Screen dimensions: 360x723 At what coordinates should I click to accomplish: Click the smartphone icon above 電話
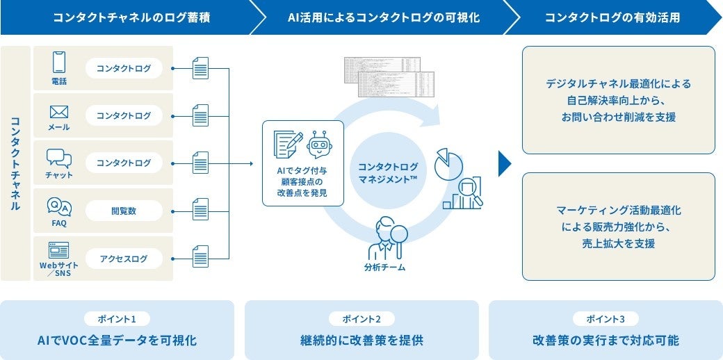[x=59, y=63]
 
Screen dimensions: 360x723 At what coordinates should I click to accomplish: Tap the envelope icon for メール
[x=59, y=112]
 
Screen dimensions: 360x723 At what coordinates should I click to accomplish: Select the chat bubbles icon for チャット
[x=59, y=158]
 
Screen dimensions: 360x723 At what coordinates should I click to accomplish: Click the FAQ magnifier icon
[x=59, y=206]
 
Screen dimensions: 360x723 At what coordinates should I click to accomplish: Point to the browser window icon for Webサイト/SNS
[x=59, y=251]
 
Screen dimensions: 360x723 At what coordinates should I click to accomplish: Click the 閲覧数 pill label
[x=123, y=211]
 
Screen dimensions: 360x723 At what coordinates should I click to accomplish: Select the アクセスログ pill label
[x=123, y=259]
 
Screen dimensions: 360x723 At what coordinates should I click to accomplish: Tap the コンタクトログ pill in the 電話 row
[x=123, y=68]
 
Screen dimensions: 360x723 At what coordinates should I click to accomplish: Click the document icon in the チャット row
[x=200, y=163]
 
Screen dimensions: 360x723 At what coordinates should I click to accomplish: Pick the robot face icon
[x=319, y=144]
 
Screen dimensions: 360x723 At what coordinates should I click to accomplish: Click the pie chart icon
[x=448, y=163]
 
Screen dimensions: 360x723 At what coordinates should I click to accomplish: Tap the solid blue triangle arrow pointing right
[x=505, y=163]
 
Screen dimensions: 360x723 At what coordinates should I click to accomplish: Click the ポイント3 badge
[x=605, y=318]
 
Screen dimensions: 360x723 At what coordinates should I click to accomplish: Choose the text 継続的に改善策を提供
[x=361, y=341]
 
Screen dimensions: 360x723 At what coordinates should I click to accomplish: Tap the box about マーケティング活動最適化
[x=618, y=226]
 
